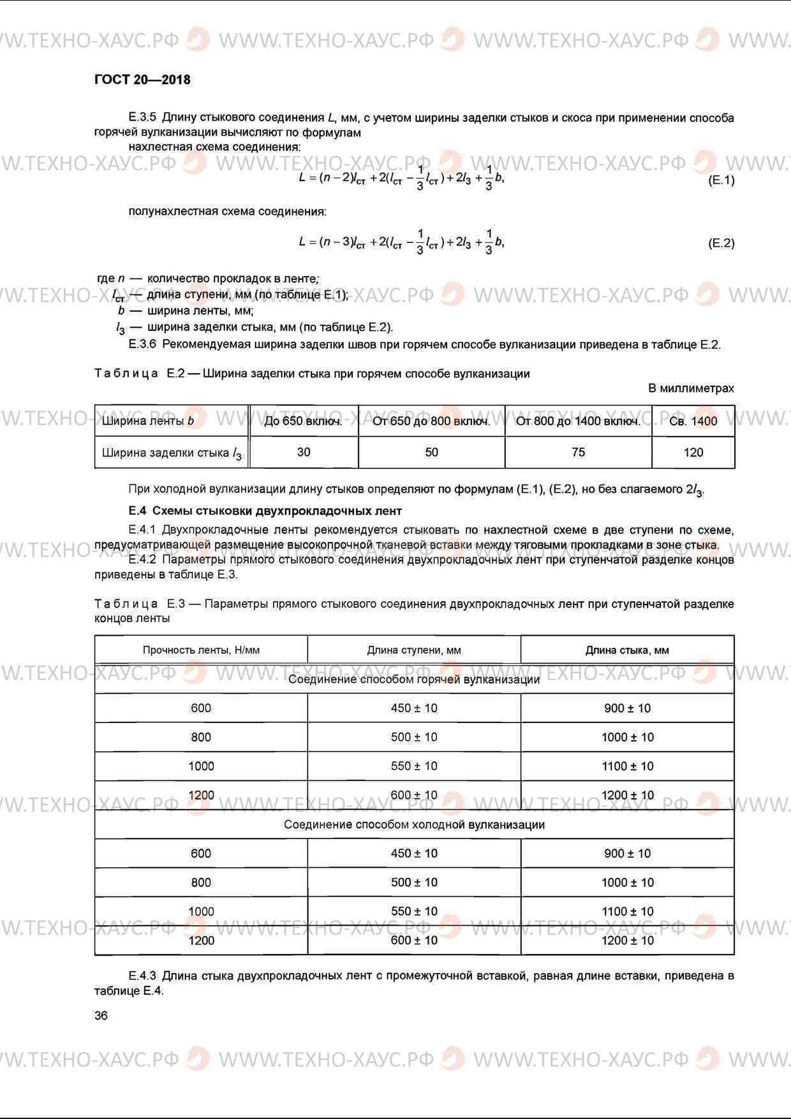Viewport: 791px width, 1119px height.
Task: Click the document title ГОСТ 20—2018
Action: tap(142, 80)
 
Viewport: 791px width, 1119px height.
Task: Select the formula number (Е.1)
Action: tap(721, 180)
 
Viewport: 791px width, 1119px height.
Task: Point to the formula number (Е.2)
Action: tap(721, 243)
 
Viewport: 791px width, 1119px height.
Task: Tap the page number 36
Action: tap(101, 1016)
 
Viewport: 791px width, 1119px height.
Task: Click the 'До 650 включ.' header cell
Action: tap(303, 421)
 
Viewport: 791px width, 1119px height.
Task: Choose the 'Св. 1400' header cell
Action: tap(693, 421)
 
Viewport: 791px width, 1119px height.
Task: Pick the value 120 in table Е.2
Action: tap(693, 453)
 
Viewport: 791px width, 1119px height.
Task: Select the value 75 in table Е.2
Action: tap(578, 452)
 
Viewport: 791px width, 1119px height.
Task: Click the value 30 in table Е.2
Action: tap(304, 452)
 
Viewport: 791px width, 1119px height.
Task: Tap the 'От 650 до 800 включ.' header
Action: tap(431, 421)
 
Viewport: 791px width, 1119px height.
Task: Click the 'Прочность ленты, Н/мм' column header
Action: tap(201, 650)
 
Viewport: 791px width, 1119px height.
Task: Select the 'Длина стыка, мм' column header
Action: tap(627, 650)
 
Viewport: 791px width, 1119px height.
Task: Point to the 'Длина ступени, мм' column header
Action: tap(414, 650)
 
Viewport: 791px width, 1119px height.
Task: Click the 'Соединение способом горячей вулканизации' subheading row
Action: tap(414, 679)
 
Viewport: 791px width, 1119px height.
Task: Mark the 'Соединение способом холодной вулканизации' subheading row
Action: tap(414, 824)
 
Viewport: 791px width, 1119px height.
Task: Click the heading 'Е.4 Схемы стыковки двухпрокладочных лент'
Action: tap(265, 511)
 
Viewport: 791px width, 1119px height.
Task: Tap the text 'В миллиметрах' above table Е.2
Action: tap(691, 388)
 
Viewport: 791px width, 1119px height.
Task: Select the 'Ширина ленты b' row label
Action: tap(148, 421)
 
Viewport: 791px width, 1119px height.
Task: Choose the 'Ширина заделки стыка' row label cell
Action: tap(172, 453)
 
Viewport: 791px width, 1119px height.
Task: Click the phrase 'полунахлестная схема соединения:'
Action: tap(227, 211)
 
